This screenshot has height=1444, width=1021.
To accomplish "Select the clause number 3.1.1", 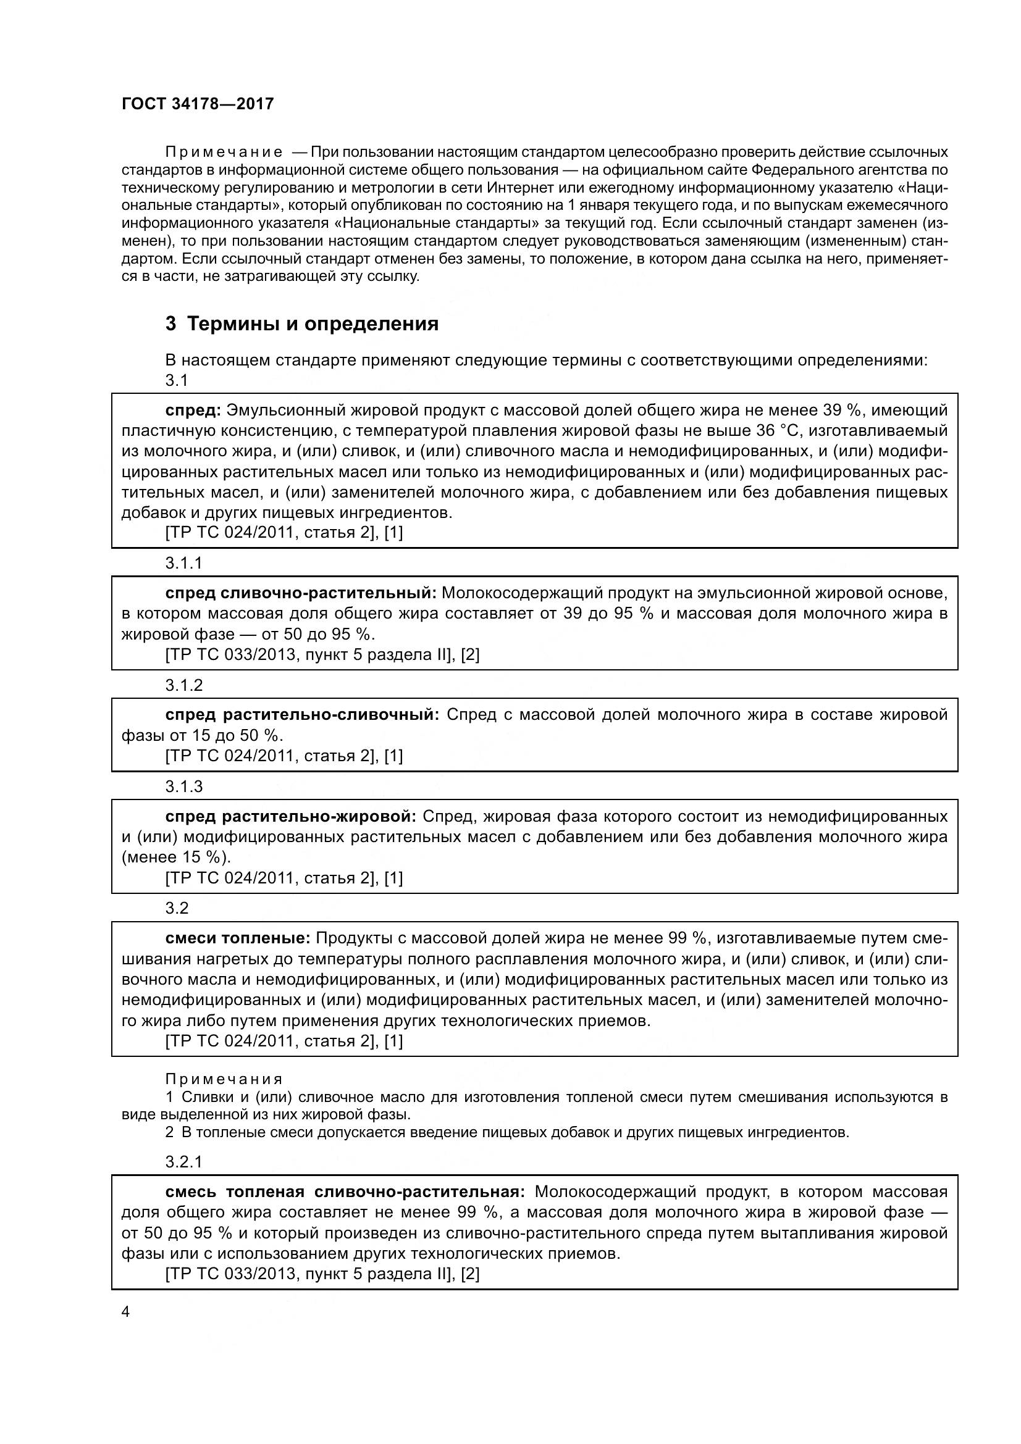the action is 183,563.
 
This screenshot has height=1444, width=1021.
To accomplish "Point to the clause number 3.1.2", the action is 183,685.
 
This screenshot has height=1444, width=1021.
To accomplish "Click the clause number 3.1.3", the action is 183,787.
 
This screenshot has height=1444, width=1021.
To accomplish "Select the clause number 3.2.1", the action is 183,1162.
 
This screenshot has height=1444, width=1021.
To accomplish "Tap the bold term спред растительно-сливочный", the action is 302,715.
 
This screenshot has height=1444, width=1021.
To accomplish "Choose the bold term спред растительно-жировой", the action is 291,817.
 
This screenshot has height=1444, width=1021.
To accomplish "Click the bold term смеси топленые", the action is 238,939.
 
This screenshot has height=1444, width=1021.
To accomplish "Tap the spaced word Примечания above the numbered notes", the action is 224,1080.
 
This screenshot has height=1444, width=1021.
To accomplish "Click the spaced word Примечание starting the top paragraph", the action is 224,152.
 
